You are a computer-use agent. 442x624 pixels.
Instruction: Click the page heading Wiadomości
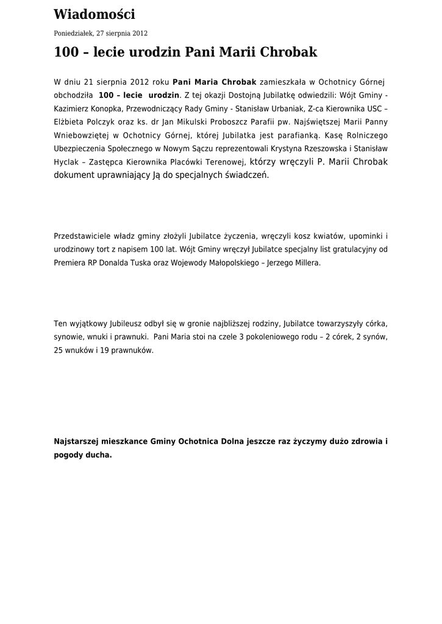point(94,14)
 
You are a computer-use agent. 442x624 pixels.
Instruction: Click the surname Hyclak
point(67,162)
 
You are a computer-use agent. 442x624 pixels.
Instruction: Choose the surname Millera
point(303,263)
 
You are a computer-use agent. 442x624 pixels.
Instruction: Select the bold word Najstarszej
point(77,441)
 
